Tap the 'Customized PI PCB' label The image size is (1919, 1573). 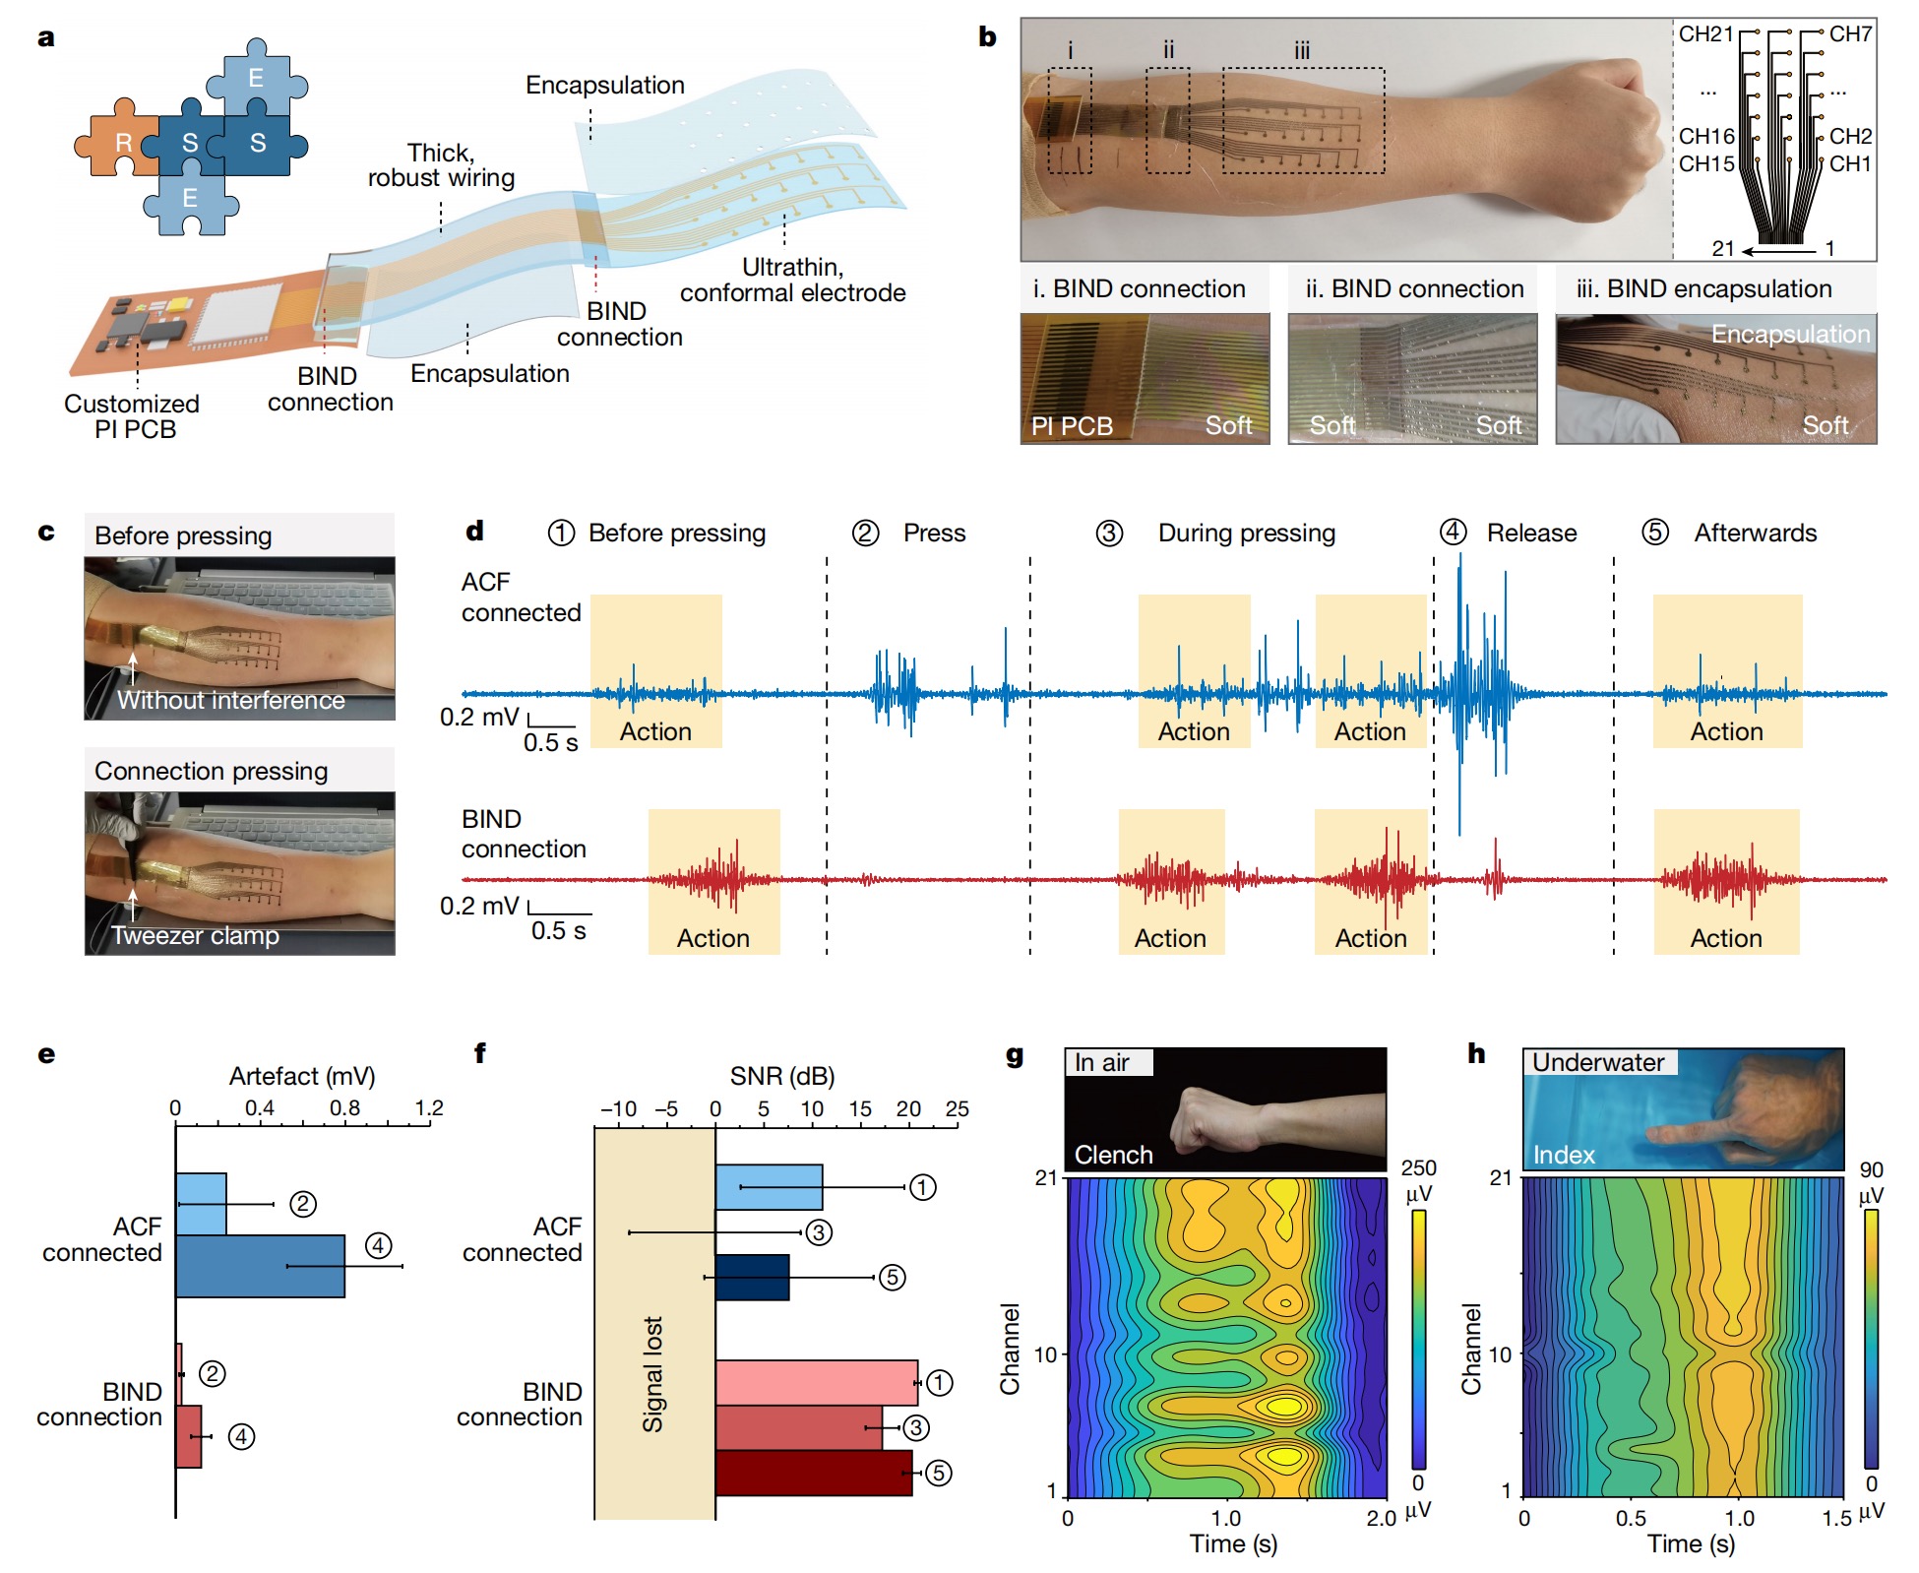click(x=132, y=416)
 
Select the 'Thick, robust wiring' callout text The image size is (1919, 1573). click(x=441, y=165)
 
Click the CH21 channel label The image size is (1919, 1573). click(x=1705, y=34)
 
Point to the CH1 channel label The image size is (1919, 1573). click(x=1850, y=164)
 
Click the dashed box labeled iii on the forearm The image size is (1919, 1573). click(x=1303, y=120)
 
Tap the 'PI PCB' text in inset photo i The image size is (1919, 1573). click(x=1072, y=426)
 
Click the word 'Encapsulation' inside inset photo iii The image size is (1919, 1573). click(x=1790, y=335)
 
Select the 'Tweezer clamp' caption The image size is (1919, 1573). click(x=195, y=935)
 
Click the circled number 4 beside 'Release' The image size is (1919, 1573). click(x=1453, y=533)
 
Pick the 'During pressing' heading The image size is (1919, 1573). click(x=1246, y=533)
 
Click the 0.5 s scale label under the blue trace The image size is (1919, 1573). click(x=550, y=742)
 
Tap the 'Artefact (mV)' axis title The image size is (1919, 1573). click(x=302, y=1076)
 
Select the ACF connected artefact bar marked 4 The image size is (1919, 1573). click(x=260, y=1266)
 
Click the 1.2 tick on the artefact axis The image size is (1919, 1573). click(x=429, y=1108)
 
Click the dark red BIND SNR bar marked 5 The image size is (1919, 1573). click(x=813, y=1473)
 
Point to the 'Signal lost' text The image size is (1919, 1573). click(x=652, y=1373)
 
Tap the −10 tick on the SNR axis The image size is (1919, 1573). click(x=618, y=1109)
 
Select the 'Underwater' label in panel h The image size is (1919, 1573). click(x=1598, y=1063)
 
